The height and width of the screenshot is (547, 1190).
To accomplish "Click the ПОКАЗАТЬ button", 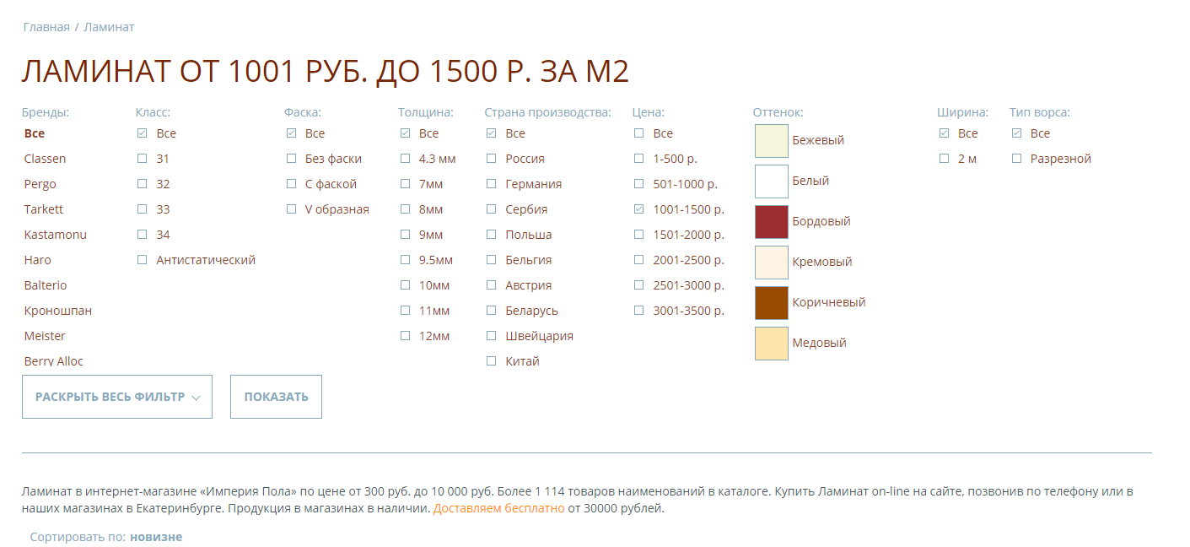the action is (x=276, y=397).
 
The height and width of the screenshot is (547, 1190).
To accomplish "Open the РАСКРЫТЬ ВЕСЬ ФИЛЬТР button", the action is (x=117, y=397).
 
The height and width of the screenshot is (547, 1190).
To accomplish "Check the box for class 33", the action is (x=142, y=209).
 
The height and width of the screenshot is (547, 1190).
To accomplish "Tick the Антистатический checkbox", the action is (x=142, y=259).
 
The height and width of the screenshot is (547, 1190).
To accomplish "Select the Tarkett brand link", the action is (x=44, y=209).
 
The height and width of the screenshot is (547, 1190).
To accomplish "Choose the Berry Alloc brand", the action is (x=54, y=361).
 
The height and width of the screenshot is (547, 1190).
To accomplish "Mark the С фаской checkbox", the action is (x=291, y=183).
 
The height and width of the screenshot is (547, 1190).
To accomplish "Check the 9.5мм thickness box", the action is (x=405, y=259).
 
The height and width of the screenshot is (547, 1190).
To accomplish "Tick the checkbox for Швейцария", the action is (x=492, y=335).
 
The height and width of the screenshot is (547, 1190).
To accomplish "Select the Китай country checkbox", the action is (x=492, y=361).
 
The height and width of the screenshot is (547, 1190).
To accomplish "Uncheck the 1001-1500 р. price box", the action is (x=638, y=209).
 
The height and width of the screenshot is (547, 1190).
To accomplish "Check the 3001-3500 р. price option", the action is (x=638, y=310).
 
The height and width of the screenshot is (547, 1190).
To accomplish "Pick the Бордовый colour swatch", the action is (x=772, y=222).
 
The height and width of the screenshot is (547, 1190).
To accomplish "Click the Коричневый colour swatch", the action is (x=772, y=302).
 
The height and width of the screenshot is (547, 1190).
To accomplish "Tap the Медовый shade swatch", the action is (x=772, y=344).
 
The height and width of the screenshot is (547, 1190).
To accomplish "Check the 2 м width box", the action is (x=944, y=159).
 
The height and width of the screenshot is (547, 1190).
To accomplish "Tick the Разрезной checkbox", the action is (x=1016, y=159).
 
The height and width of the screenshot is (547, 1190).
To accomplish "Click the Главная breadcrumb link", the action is (x=46, y=27).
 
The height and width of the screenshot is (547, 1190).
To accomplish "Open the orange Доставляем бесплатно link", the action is (x=498, y=508).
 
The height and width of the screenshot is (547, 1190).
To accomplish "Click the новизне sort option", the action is (x=156, y=537).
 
